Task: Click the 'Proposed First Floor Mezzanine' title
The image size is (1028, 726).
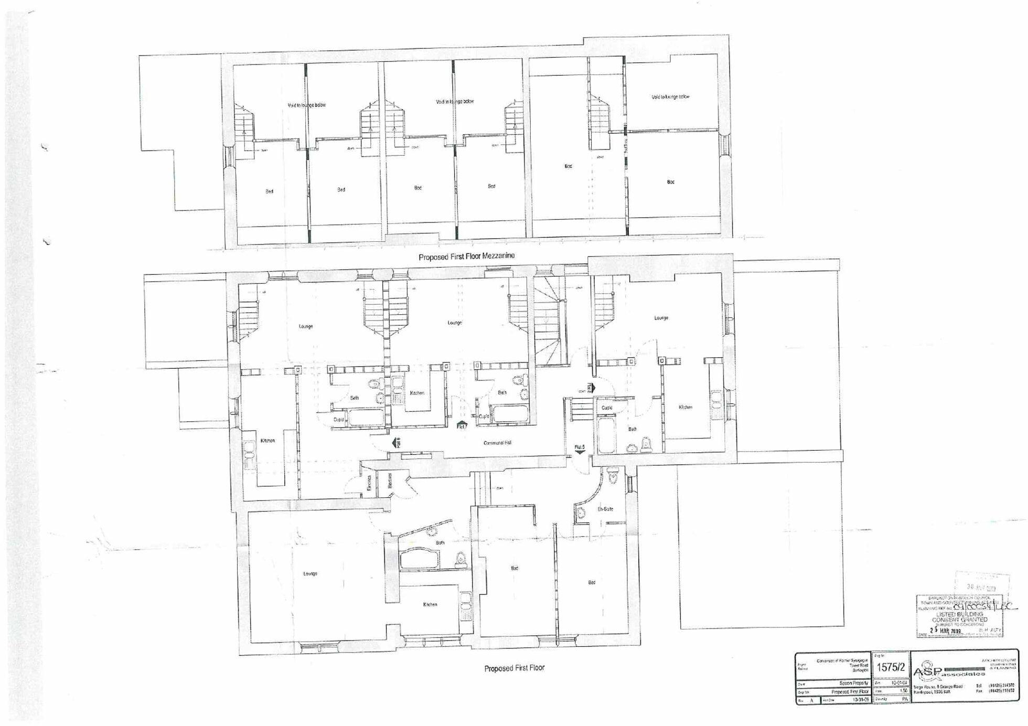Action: point(466,257)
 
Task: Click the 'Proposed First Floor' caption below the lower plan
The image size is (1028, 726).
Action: point(514,668)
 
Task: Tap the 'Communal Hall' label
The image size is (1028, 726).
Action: point(497,443)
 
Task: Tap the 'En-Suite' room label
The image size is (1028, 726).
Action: point(605,509)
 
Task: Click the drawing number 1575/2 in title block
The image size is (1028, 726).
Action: point(891,667)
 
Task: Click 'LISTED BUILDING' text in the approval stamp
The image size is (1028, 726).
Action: point(959,614)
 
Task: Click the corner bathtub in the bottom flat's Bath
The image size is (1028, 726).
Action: point(420,559)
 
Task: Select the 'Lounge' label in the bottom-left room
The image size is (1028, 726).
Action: point(310,574)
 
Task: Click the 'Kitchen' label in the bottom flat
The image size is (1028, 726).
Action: point(430,605)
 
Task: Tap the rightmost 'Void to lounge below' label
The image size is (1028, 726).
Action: point(670,97)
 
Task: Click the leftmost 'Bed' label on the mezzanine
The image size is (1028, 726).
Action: point(269,191)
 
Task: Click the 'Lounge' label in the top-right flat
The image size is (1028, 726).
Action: point(661,318)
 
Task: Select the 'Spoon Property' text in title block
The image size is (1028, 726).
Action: point(854,684)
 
